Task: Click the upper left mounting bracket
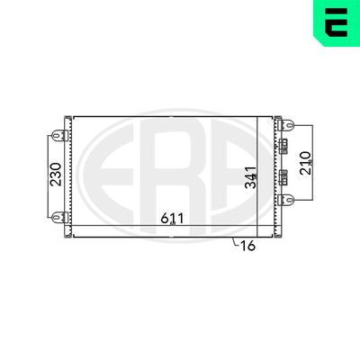click(x=59, y=136)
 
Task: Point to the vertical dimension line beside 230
click(x=43, y=175)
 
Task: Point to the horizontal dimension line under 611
click(x=135, y=224)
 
